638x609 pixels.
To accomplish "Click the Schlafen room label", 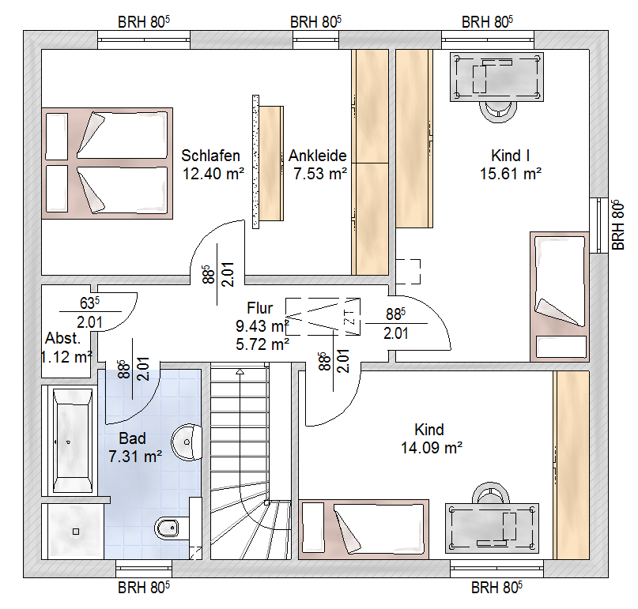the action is [x=210, y=156].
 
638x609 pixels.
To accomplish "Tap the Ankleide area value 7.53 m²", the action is [x=320, y=174].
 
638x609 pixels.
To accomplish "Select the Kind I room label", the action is [x=510, y=156].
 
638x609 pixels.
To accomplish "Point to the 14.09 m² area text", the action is [x=432, y=448].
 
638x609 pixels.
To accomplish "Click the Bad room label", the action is [x=132, y=438].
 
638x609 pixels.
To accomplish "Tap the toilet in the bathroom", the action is [x=168, y=528].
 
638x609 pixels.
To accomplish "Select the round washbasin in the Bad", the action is [x=187, y=442].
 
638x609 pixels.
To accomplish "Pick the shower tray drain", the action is [x=76, y=532].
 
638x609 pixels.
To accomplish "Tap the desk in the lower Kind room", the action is [x=492, y=528].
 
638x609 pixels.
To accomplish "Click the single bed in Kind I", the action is [x=560, y=297].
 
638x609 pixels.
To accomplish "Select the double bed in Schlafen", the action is [x=107, y=164].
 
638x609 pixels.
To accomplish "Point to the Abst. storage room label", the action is [x=63, y=338].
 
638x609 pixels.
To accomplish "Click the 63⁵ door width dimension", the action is [x=90, y=303].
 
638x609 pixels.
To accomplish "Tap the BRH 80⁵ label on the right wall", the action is [x=617, y=225].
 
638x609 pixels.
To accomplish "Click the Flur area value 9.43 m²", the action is [x=262, y=326].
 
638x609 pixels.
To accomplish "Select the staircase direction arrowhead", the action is [x=240, y=371].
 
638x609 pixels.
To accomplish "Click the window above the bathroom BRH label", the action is [x=144, y=569].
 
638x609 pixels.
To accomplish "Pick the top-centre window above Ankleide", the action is [x=315, y=39].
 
